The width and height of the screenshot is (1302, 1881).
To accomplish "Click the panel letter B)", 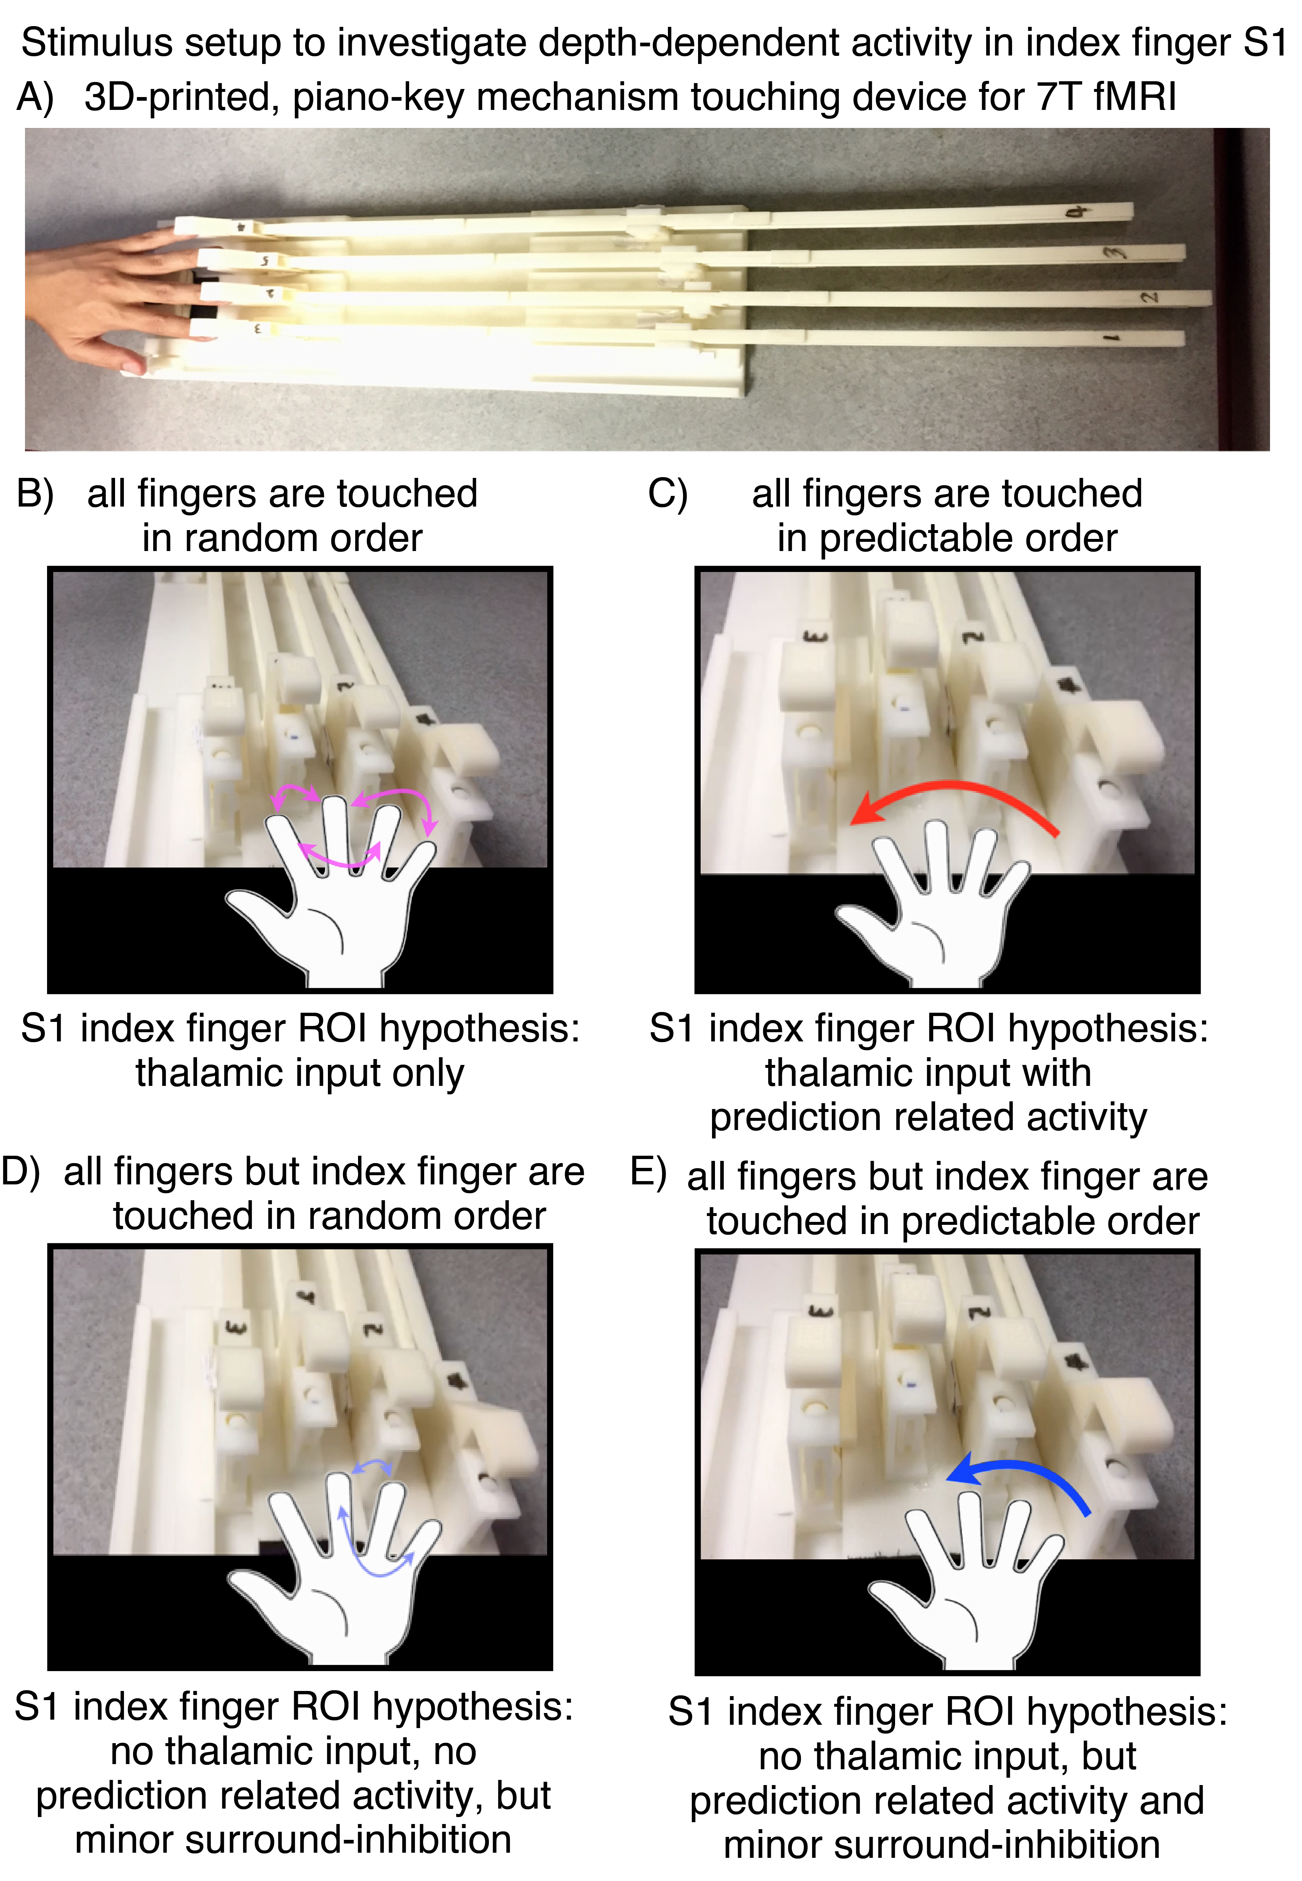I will click(35, 494).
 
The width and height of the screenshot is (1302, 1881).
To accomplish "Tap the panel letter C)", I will click(667, 494).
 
